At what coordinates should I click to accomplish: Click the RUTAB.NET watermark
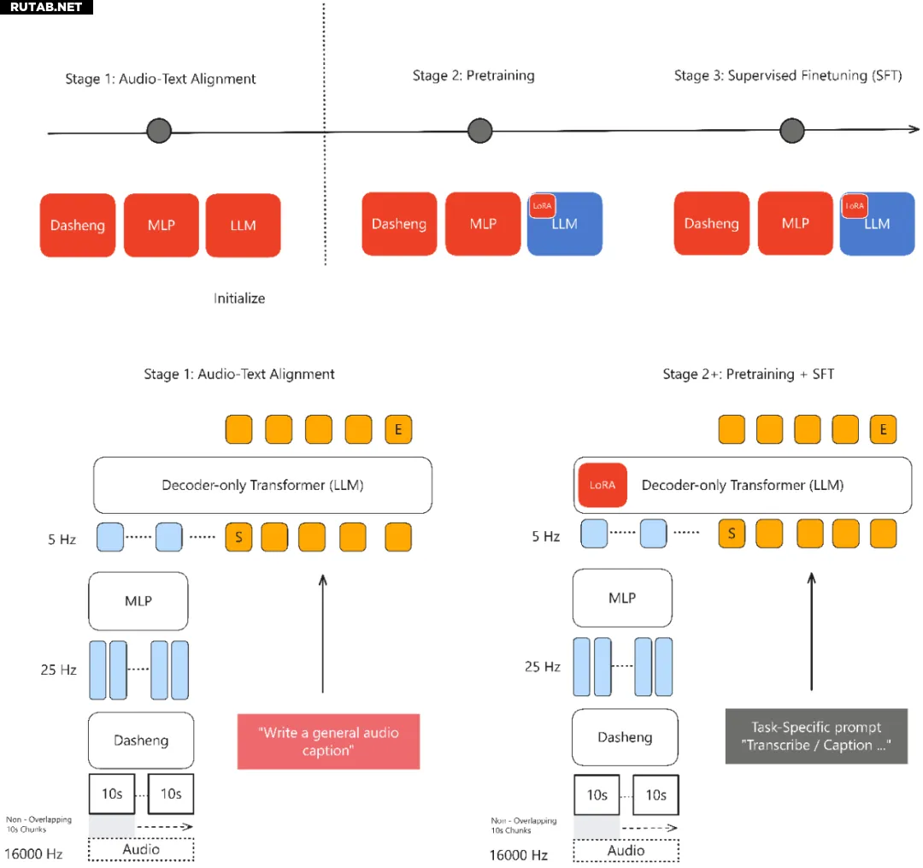point(46,7)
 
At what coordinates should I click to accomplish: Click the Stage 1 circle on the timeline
point(159,131)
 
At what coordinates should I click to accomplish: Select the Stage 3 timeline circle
point(791,130)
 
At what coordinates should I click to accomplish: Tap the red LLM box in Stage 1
point(243,226)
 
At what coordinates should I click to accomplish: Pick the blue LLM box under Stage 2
point(565,224)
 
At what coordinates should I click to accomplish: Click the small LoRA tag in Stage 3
point(854,206)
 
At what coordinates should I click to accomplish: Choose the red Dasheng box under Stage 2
point(399,224)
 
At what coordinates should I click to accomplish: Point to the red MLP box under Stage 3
point(796,223)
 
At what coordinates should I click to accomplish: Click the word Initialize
point(239,298)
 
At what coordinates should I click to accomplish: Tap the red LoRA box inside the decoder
point(603,485)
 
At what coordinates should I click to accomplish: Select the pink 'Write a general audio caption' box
point(328,741)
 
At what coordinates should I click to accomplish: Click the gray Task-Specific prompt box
point(816,736)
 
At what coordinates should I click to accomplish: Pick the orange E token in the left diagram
point(398,429)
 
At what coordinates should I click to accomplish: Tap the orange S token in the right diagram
point(732,534)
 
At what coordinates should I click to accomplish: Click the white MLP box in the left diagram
point(138,601)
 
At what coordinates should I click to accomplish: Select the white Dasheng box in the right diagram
point(625,737)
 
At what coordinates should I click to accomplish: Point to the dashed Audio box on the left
point(141,849)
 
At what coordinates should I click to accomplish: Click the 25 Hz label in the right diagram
point(542,666)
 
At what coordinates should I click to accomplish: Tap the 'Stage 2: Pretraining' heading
point(473,75)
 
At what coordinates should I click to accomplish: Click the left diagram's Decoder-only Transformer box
point(262,485)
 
